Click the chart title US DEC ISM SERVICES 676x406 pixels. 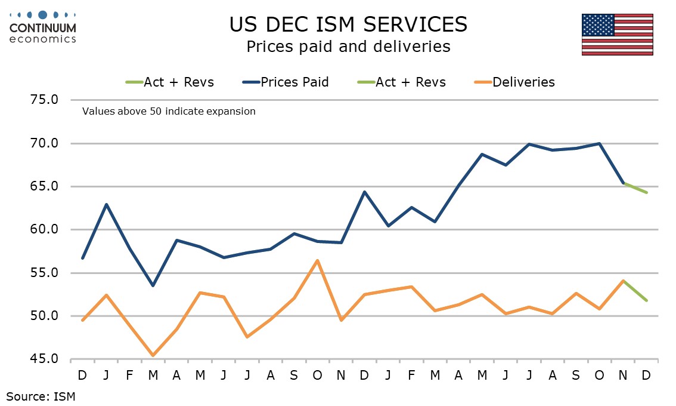348,24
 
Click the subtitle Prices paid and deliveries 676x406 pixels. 348,47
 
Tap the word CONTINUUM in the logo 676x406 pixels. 42,28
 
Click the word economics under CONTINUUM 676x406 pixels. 42,39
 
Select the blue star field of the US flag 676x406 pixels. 599,24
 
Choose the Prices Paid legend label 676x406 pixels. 294,82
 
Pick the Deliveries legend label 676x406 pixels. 523,82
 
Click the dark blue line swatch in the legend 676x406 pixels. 250,82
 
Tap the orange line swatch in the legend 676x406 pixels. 482,82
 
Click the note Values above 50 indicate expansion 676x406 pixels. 169,111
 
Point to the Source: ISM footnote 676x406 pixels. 41,395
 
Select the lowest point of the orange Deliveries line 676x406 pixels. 153,355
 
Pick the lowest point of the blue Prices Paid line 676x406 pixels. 153,285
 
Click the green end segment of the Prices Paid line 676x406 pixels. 635,188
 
